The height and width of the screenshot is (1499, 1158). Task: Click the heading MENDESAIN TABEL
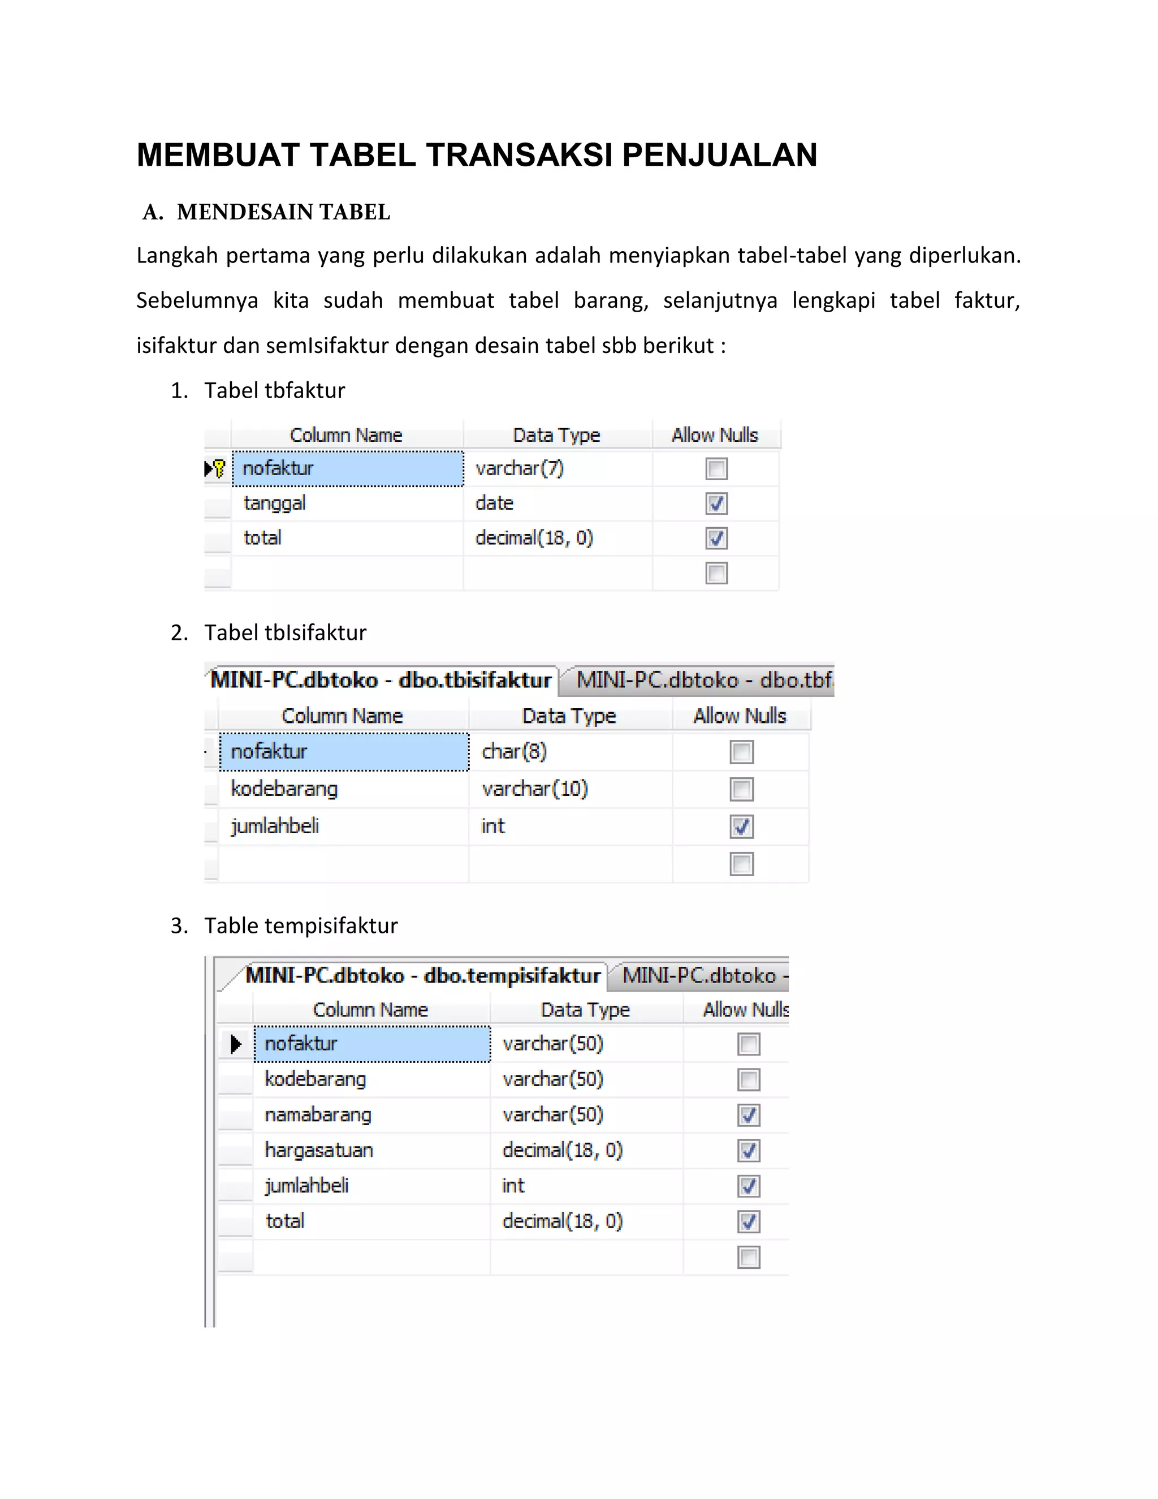[x=283, y=212]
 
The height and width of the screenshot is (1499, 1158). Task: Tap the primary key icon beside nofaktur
[x=219, y=468]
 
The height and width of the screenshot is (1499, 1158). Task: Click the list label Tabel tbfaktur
[x=274, y=390]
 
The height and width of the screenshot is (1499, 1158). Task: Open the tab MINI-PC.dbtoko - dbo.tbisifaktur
[x=381, y=679]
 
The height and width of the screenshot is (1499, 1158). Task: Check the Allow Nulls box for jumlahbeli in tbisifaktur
[x=741, y=826]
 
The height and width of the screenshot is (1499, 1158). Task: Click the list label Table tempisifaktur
[x=300, y=925]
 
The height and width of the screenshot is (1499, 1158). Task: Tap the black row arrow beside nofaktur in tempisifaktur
[x=236, y=1044]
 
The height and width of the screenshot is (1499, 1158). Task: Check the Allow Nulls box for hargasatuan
[x=749, y=1151]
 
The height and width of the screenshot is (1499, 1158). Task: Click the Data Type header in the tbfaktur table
[x=556, y=435]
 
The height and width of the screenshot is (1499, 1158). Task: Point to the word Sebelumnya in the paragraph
[x=197, y=300]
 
